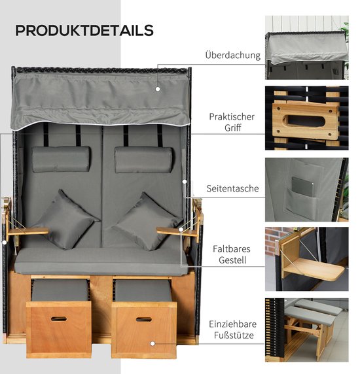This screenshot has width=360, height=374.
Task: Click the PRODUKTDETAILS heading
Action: click(x=84, y=30)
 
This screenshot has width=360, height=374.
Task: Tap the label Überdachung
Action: click(x=233, y=55)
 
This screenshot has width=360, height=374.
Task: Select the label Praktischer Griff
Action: click(x=232, y=122)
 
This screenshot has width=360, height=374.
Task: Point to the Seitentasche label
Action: click(x=232, y=188)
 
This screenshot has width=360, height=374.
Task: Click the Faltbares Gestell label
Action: click(x=232, y=254)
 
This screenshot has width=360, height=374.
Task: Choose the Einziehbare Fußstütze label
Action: click(x=233, y=330)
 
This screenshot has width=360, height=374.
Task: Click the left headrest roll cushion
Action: click(x=61, y=159)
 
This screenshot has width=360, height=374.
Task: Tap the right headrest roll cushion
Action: click(x=144, y=160)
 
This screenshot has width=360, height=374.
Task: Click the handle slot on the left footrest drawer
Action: click(x=59, y=318)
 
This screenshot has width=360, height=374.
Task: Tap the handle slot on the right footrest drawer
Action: click(x=144, y=319)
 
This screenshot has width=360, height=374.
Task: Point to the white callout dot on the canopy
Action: click(x=158, y=89)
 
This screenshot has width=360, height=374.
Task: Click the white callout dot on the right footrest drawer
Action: click(x=153, y=344)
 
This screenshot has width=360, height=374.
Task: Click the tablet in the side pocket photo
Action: click(x=302, y=187)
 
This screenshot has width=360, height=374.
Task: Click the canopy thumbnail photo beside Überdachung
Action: click(x=307, y=48)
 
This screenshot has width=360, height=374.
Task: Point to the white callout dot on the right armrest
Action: click(x=181, y=229)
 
